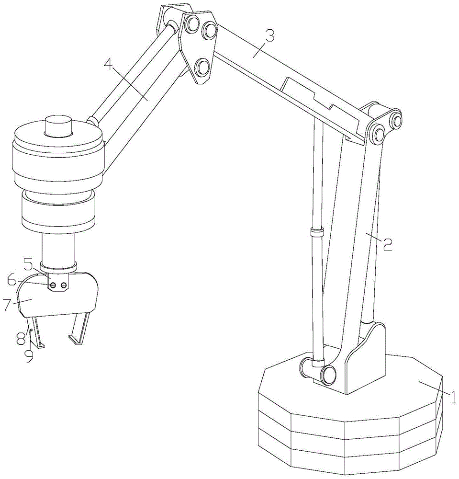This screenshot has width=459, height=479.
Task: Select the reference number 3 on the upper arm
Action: [x=269, y=36]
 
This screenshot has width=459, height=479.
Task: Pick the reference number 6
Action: [x=12, y=280]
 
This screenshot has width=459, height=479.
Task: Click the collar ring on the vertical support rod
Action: [x=317, y=232]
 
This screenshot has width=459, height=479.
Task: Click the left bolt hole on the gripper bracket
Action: [x=53, y=285]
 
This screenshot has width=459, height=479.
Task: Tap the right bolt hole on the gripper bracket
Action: [x=64, y=285]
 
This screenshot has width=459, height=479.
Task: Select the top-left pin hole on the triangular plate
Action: [x=192, y=24]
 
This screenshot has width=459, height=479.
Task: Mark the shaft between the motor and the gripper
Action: [x=58, y=248]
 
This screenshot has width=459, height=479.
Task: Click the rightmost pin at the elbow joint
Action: [x=396, y=119]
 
